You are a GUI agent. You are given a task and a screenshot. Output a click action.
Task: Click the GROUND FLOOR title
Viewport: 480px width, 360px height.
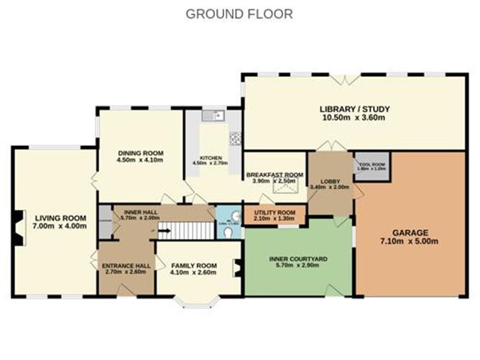[239, 14]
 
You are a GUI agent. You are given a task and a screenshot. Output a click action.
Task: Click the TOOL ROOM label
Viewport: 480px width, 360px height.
[371, 165]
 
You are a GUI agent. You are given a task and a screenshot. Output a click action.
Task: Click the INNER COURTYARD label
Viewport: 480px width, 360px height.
[298, 258]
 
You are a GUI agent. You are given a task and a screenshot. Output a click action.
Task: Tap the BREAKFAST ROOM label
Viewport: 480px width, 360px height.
[274, 175]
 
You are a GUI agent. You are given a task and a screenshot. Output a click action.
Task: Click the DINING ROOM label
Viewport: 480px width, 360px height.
[140, 153]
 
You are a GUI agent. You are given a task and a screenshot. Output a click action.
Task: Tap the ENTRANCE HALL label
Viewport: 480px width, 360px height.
[126, 265]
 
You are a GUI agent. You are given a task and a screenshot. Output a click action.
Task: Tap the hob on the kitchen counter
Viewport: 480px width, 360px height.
[234, 138]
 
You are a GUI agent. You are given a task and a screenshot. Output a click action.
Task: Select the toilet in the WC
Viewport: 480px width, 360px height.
[229, 234]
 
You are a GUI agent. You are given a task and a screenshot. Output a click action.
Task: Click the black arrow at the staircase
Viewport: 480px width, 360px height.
[162, 231]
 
